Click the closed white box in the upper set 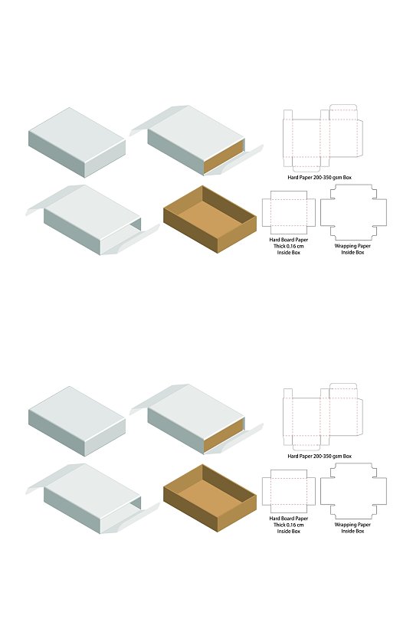[x=77, y=142]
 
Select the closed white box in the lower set [x=77, y=421]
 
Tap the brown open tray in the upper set [x=210, y=219]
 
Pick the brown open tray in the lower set [x=210, y=498]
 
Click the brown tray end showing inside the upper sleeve [x=224, y=156]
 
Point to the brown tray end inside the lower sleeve [x=224, y=435]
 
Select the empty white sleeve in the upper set [x=93, y=220]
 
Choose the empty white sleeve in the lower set [x=93, y=499]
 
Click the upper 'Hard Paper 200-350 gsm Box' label [x=320, y=177]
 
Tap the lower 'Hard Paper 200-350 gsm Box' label [x=320, y=457]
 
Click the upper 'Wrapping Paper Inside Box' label [x=352, y=249]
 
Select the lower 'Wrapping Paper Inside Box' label [x=352, y=528]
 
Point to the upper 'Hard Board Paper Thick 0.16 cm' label [x=288, y=243]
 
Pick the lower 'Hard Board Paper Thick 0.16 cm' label [x=288, y=522]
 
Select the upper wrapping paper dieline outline [x=320, y=212]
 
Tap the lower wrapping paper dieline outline [x=320, y=491]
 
